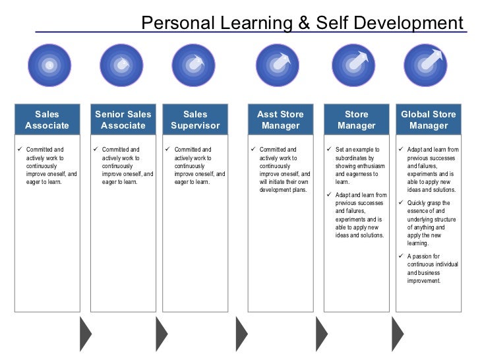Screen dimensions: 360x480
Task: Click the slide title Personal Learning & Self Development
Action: pyautogui.click(x=302, y=24)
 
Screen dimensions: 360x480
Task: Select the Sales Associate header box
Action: pyautogui.click(x=47, y=119)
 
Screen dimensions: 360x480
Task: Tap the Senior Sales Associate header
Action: pyautogui.click(x=123, y=119)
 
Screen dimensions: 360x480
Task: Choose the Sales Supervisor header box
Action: pyautogui.click(x=195, y=119)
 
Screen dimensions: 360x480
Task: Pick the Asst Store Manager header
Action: pyautogui.click(x=280, y=119)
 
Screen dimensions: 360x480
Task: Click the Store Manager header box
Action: pyautogui.click(x=357, y=119)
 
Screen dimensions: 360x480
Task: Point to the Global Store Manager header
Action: pyautogui.click(x=428, y=119)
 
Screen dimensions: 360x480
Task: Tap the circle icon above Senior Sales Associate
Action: pyautogui.click(x=121, y=65)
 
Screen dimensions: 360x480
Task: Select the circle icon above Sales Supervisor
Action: pyautogui.click(x=193, y=65)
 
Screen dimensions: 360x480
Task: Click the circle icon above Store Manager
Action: pyautogui.click(x=354, y=65)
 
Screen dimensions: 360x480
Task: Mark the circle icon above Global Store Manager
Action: pyautogui.click(x=425, y=65)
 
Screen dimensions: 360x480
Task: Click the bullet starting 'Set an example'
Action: pyautogui.click(x=360, y=165)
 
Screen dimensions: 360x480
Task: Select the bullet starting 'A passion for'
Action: pyautogui.click(x=432, y=268)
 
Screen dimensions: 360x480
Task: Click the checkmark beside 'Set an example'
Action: pyautogui.click(x=329, y=150)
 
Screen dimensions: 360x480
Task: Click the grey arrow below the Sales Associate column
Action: pyautogui.click(x=86, y=334)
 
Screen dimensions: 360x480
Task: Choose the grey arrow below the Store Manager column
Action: pyautogui.click(x=398, y=334)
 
